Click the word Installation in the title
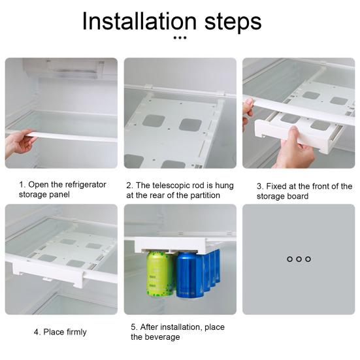(x=139, y=21)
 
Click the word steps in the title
(x=233, y=22)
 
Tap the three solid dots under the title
(x=180, y=38)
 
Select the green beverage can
(x=160, y=273)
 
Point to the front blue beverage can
(x=190, y=275)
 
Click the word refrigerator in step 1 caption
(x=86, y=184)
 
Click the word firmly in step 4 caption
(x=76, y=332)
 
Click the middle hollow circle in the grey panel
(x=299, y=259)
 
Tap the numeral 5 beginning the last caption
(x=133, y=327)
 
